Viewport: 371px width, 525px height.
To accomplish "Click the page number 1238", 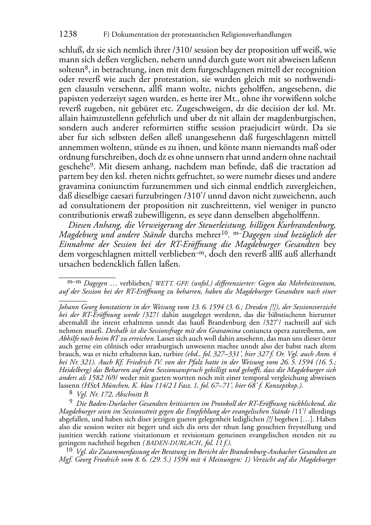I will point(68,34).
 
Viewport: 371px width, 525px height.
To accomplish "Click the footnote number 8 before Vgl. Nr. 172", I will point(71,394).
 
